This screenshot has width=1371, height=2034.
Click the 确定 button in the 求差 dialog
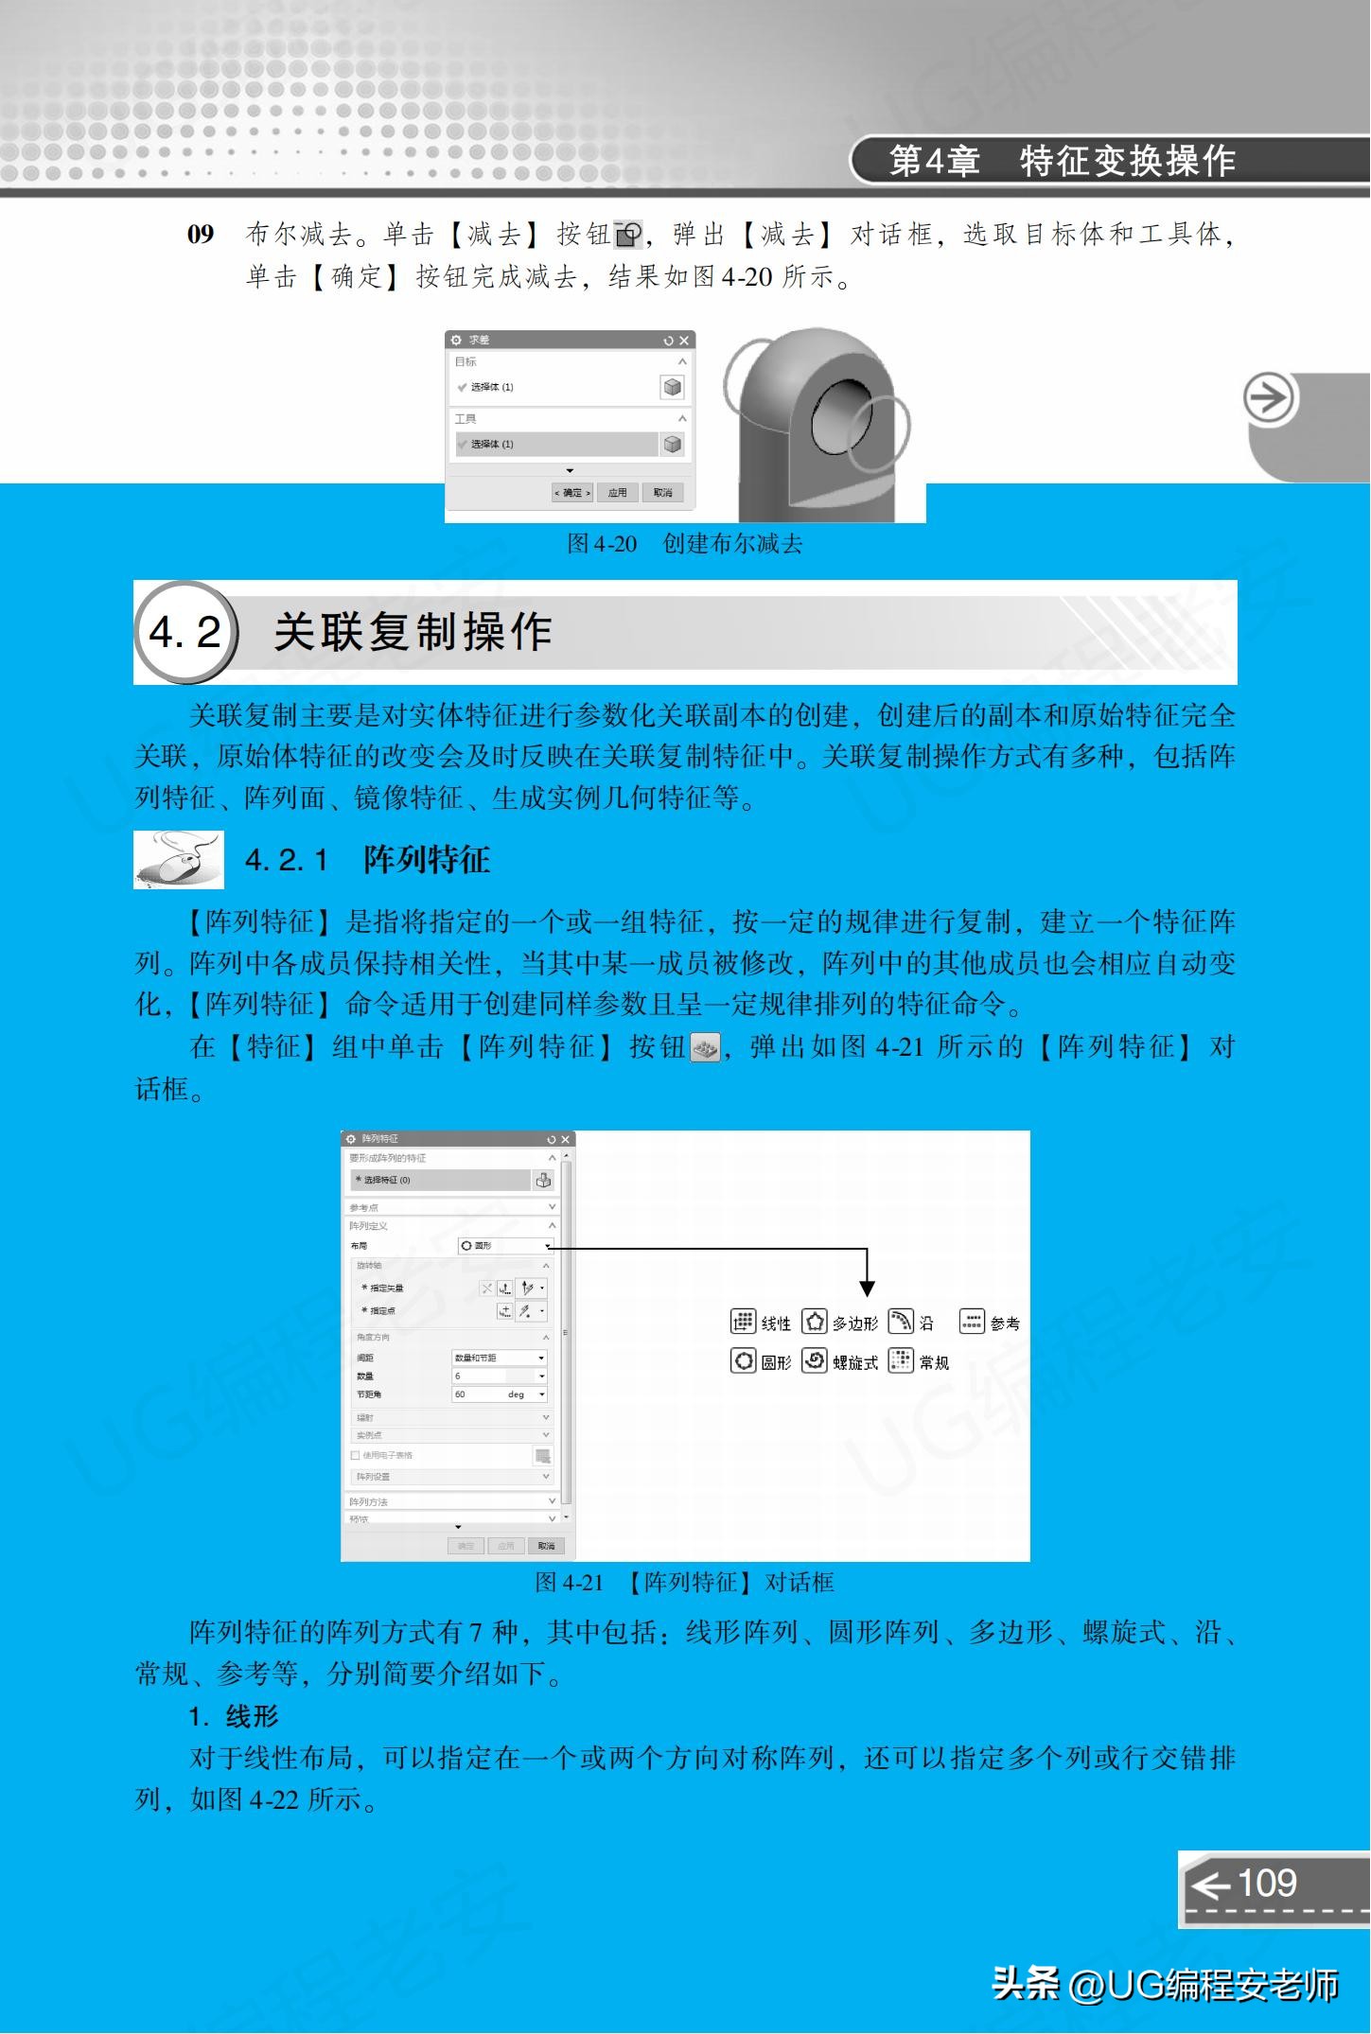572,493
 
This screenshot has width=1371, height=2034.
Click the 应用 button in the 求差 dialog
617,493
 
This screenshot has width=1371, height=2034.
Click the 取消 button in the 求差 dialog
662,493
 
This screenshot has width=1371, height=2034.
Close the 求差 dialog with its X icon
684,341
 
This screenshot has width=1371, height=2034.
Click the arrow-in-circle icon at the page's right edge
1268,398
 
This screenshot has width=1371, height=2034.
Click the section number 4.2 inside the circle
185,632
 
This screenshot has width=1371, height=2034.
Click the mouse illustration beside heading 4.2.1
179,859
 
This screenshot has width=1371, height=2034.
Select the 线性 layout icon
744,1322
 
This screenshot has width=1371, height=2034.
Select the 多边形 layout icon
815,1322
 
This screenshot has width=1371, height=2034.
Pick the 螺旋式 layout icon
815,1361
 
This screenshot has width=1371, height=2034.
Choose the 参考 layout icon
972,1322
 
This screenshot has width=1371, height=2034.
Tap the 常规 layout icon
902,1361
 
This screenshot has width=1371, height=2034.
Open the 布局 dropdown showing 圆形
504,1246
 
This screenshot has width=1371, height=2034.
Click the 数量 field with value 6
499,1376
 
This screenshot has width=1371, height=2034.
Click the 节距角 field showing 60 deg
499,1394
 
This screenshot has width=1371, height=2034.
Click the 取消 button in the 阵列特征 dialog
546,1546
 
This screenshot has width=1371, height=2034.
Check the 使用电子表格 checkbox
356,1455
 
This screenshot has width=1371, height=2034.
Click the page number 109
1266,1883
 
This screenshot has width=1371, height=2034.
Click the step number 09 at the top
201,235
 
